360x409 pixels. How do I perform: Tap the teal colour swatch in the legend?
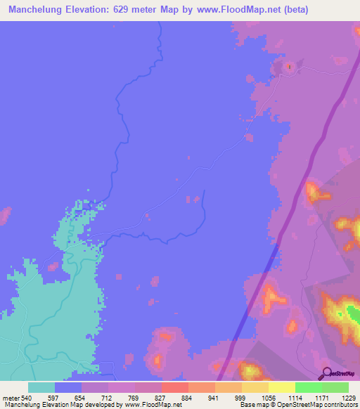(x=41, y=387)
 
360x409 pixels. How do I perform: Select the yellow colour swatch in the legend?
(x=281, y=387)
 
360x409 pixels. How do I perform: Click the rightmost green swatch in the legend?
(x=335, y=387)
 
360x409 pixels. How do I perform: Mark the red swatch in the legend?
(x=174, y=387)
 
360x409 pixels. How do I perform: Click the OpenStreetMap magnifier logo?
(x=325, y=372)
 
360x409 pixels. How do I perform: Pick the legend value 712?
(x=107, y=398)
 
